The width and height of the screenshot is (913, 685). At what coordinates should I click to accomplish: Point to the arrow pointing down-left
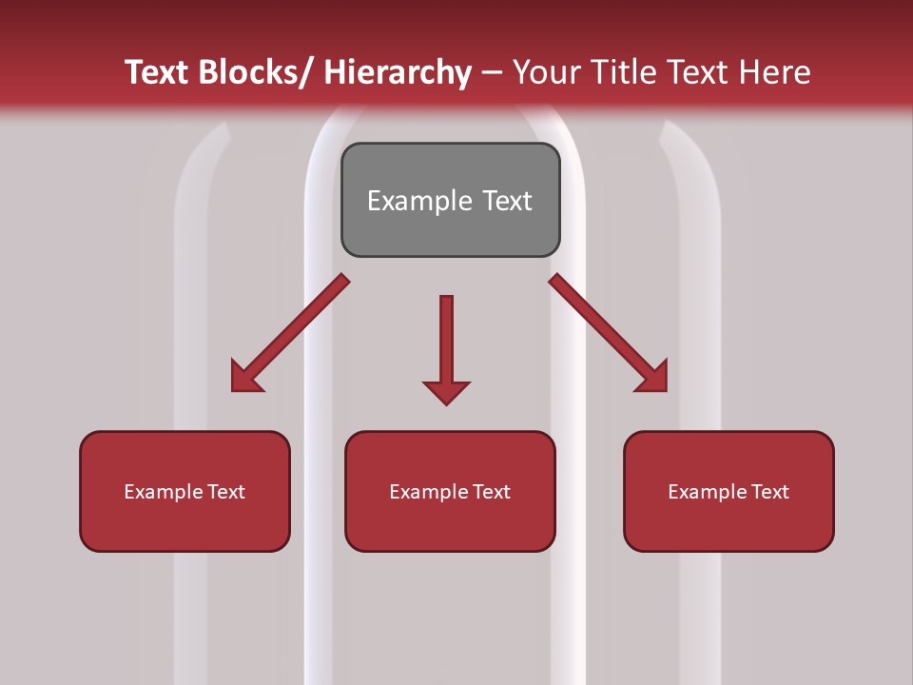[291, 333]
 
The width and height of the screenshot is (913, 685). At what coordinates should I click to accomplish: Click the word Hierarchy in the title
[398, 72]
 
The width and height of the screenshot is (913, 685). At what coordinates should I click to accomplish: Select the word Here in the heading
[776, 72]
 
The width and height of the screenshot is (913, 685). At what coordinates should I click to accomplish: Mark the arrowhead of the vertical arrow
[446, 392]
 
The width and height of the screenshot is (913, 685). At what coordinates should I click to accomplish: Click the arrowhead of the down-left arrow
[244, 378]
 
